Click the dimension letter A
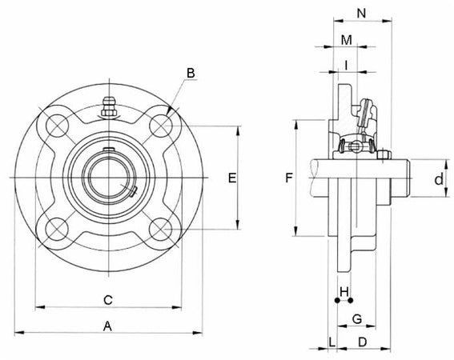pyautogui.click(x=107, y=325)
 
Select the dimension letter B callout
pyautogui.click(x=191, y=74)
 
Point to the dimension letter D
pyautogui.click(x=362, y=342)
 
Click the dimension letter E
pyautogui.click(x=231, y=178)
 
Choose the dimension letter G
pyautogui.click(x=357, y=318)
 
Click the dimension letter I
pyautogui.click(x=345, y=63)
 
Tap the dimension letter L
pyautogui.click(x=331, y=342)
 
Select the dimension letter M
pyautogui.click(x=346, y=40)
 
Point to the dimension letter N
pyautogui.click(x=361, y=14)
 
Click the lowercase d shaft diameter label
pyautogui.click(x=438, y=179)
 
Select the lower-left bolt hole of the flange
pyautogui.click(x=57, y=230)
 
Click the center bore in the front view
pyautogui.click(x=109, y=178)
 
